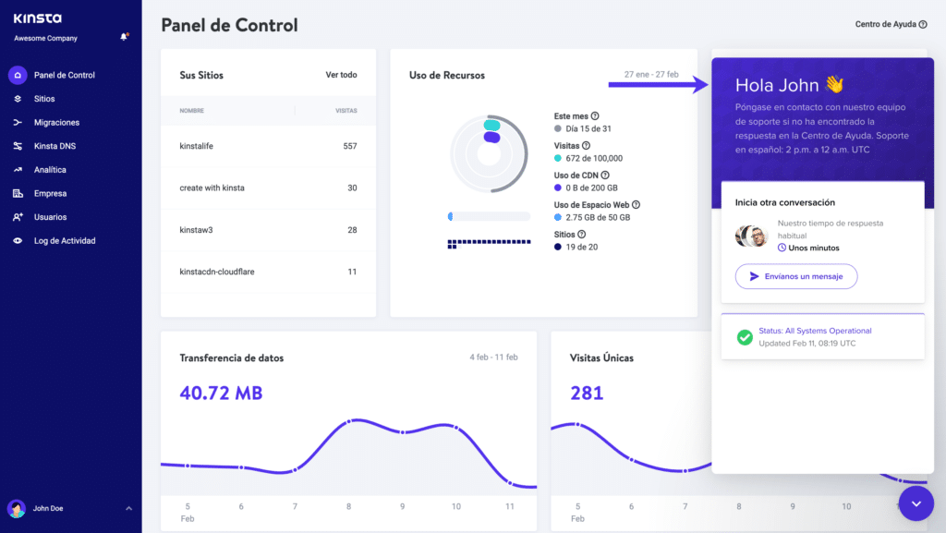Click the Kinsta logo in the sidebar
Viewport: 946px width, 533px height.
point(37,18)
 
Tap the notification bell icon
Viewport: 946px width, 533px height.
point(124,37)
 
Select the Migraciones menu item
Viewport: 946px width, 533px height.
point(56,122)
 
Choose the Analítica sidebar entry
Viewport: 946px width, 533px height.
point(50,170)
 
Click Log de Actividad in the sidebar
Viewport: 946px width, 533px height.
point(65,241)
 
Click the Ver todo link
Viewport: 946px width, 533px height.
point(341,75)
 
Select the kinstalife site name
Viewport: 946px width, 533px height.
point(196,146)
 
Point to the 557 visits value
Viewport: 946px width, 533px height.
point(349,146)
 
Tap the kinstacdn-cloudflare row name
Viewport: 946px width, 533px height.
point(216,272)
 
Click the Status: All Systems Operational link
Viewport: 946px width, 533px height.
point(815,331)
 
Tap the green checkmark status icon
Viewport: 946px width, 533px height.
point(744,337)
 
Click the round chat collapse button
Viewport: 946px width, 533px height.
point(916,503)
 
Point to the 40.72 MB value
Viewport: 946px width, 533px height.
point(221,394)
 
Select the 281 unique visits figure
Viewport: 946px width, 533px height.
point(587,394)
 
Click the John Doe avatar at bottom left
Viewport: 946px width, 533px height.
point(17,508)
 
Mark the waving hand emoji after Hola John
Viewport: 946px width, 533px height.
point(834,85)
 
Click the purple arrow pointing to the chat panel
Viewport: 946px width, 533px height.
point(658,85)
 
